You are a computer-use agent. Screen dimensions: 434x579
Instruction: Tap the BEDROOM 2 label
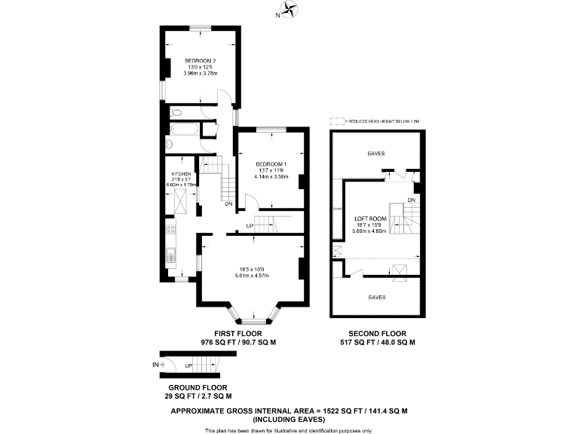(201, 61)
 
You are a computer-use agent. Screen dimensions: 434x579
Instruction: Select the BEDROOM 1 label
(270, 164)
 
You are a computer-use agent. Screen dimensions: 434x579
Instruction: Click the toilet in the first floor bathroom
(176, 112)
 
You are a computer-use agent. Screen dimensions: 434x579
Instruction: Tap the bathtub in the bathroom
(183, 129)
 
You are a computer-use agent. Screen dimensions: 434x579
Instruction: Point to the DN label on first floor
(228, 203)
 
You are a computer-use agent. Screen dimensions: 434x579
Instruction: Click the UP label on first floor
(249, 225)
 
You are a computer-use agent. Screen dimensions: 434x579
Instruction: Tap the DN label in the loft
(411, 199)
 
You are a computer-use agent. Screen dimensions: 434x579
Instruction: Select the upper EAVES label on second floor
(376, 154)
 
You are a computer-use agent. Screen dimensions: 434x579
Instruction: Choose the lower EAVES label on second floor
(377, 297)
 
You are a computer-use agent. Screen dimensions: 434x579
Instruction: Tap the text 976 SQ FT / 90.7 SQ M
(238, 342)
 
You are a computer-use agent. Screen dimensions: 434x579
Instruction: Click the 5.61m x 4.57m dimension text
(252, 274)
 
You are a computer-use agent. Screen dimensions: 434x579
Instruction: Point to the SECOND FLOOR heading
(377, 333)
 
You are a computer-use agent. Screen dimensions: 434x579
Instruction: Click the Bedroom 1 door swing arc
(255, 201)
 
